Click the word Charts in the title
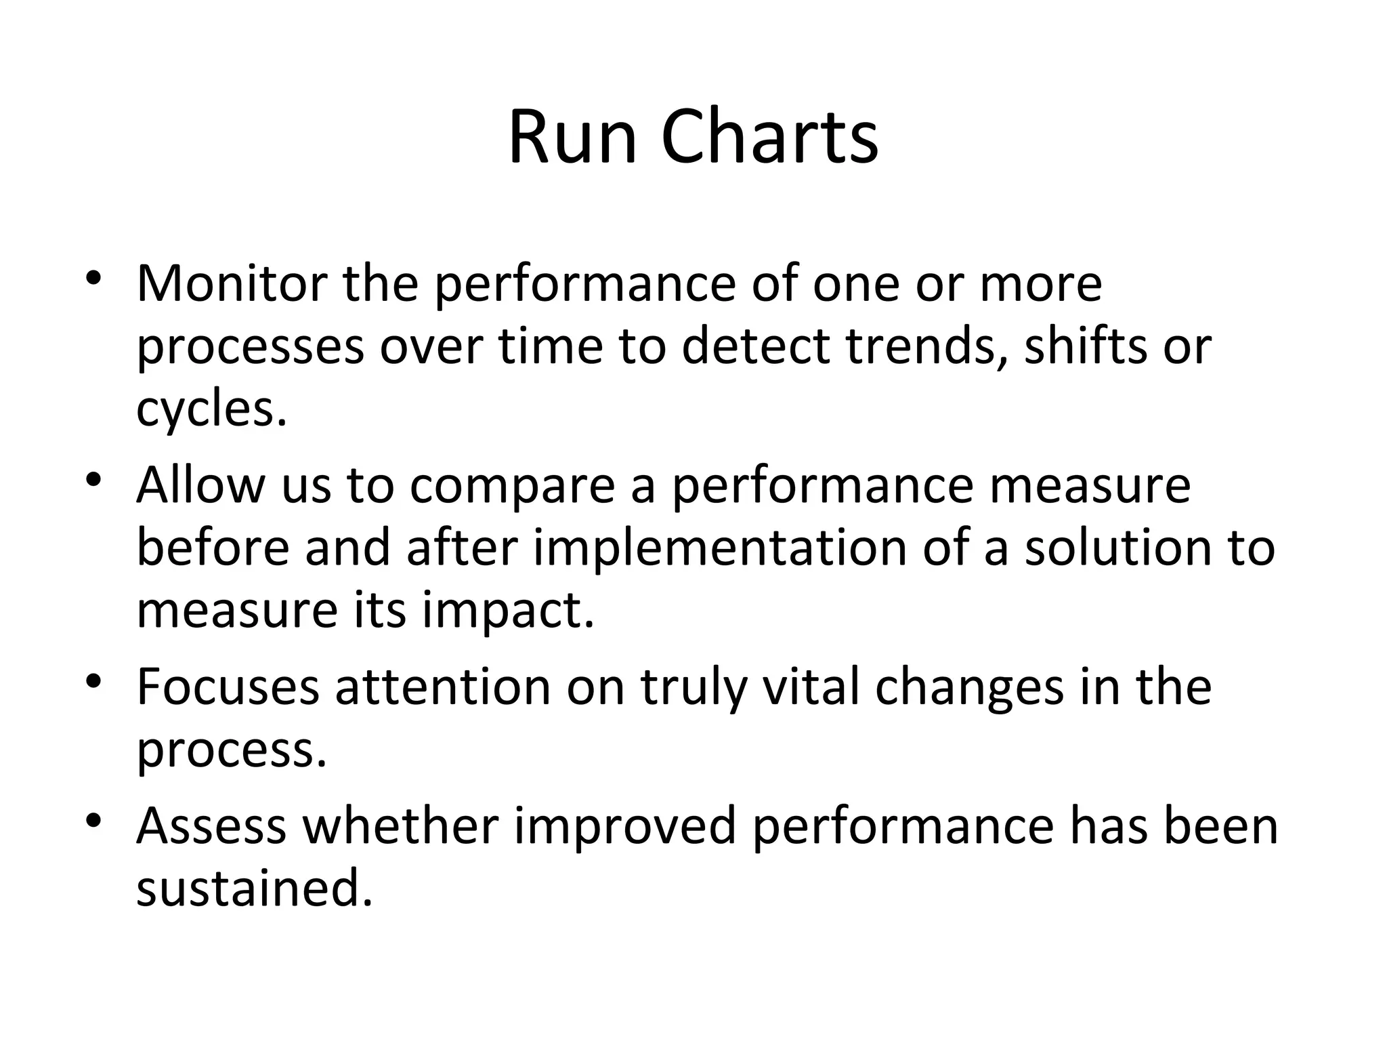(769, 138)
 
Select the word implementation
(720, 549)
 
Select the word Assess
(211, 826)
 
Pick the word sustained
(255, 889)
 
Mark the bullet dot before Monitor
(93, 279)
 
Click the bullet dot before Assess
(93, 821)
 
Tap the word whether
(400, 826)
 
